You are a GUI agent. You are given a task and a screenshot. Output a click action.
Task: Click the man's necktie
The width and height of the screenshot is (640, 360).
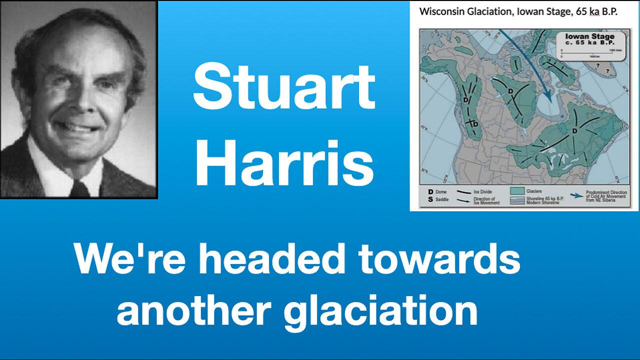tap(80, 189)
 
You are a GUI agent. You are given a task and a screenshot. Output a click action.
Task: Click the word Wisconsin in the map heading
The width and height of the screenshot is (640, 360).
tap(440, 12)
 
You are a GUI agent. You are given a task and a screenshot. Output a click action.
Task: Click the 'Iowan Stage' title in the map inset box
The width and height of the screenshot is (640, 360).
tap(589, 36)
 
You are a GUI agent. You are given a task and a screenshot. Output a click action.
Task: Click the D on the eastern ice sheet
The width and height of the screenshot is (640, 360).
tap(575, 131)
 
